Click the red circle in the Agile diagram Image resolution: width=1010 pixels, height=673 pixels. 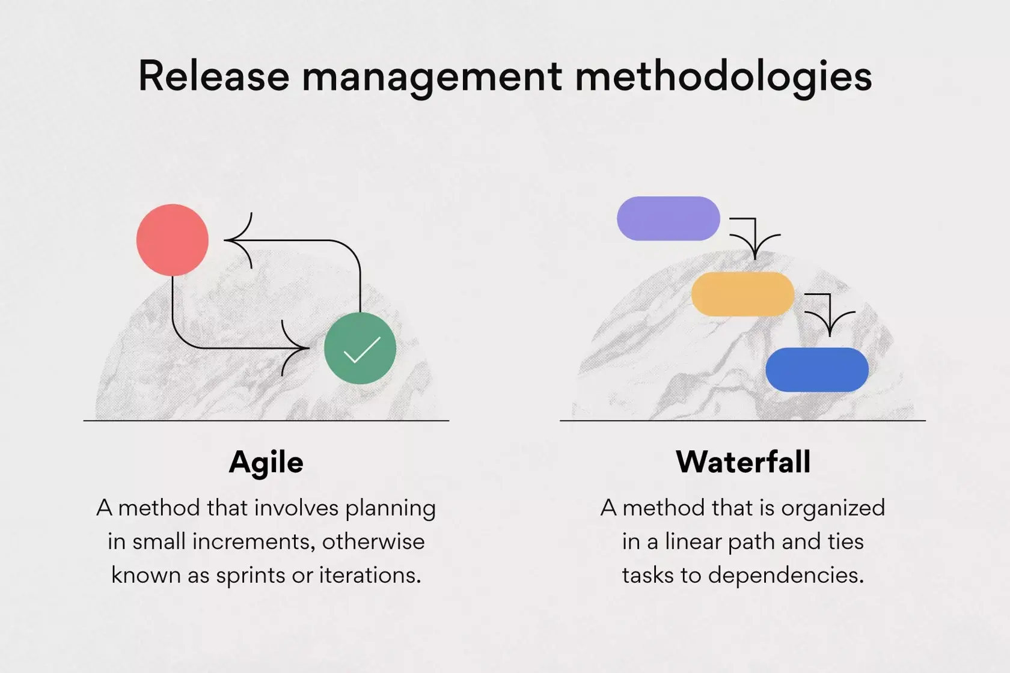point(173,240)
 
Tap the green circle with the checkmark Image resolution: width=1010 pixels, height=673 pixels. point(360,348)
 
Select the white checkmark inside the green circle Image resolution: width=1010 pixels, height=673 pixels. point(362,350)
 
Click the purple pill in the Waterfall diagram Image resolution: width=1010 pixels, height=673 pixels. point(669,219)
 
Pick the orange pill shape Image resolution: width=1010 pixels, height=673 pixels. point(742,294)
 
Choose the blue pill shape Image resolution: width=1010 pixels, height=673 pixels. point(817,370)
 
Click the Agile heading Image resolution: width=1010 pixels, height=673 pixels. point(266,463)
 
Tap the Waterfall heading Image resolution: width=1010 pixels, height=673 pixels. point(743,463)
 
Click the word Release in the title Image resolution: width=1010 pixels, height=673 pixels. point(213,76)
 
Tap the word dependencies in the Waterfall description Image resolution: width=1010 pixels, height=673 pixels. point(785,576)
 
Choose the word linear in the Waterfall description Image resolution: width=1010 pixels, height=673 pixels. point(694,541)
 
